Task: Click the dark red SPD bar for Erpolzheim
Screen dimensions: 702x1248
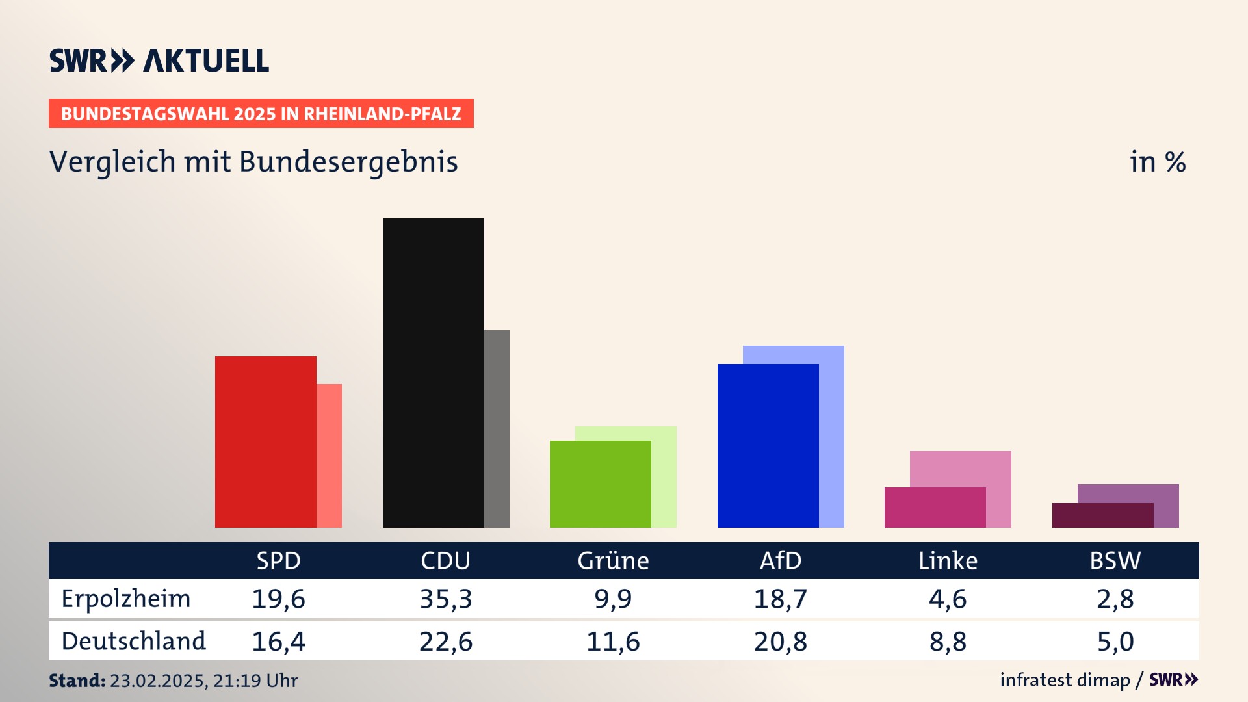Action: (x=265, y=442)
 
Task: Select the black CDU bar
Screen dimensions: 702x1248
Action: (x=433, y=373)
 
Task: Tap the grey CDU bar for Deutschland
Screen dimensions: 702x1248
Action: (x=497, y=429)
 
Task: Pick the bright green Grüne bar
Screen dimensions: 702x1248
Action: (x=600, y=484)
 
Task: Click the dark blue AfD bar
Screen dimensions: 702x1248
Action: (x=768, y=446)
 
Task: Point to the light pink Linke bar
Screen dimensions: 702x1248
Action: (x=961, y=469)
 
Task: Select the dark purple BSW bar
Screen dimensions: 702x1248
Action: (x=1102, y=515)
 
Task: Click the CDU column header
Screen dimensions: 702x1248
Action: (x=445, y=561)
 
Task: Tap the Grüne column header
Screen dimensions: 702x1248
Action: (x=613, y=561)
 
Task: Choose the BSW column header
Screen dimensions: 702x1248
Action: (x=1115, y=561)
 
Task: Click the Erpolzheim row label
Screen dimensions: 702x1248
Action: (x=126, y=599)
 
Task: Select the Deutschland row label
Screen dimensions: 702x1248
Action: (x=133, y=642)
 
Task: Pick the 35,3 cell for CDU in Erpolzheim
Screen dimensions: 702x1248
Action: (x=446, y=599)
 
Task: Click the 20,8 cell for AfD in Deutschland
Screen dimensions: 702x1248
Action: (x=780, y=642)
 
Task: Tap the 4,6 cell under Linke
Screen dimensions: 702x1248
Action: (x=948, y=599)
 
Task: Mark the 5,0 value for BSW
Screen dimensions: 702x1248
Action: (x=1115, y=642)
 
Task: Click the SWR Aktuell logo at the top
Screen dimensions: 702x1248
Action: (x=159, y=60)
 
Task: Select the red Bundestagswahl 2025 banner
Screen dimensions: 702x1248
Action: (x=261, y=114)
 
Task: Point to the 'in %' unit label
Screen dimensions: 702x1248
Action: (x=1158, y=162)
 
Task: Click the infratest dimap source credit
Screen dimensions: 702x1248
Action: (x=1065, y=680)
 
